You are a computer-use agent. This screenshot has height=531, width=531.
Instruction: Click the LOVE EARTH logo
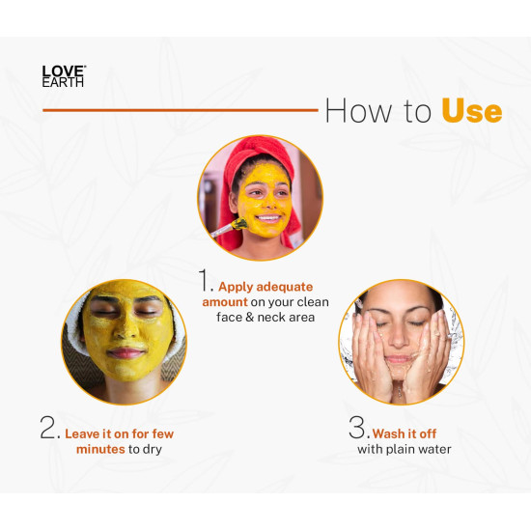64,75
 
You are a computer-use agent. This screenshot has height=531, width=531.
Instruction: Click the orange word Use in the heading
471,111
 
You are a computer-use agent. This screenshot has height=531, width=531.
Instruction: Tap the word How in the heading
356,111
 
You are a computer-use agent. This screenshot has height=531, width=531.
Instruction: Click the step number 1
205,280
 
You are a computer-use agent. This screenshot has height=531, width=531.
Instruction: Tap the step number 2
49,429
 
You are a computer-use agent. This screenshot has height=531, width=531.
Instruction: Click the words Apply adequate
266,286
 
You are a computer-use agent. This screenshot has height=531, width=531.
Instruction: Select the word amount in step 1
224,303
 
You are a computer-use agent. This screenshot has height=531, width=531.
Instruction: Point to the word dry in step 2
154,450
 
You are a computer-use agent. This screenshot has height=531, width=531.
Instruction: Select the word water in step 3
432,450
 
